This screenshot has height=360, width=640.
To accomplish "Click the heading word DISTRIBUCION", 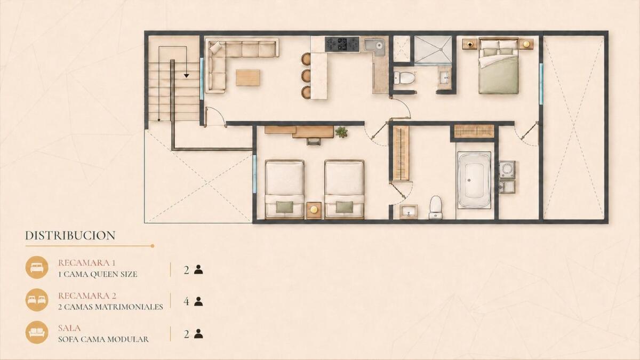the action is point(70,235).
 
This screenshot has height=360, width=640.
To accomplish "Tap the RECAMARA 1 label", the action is point(86,262).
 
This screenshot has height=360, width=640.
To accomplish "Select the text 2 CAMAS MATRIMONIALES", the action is point(110,307).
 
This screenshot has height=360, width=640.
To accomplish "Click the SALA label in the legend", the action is point(69,327).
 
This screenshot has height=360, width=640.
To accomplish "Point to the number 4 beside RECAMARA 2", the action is point(186,301).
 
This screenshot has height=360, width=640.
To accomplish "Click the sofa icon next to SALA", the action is point(37,332).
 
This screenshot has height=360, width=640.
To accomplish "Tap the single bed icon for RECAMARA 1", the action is point(37,267).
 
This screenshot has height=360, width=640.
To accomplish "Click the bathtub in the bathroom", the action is point(474,180).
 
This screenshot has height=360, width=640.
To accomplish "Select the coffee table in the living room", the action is point(247,77).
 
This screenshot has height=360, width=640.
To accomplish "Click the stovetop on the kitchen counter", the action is point(342,44).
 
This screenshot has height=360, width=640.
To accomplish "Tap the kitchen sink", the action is point(374,45).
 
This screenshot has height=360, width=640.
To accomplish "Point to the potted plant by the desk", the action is point(341,132).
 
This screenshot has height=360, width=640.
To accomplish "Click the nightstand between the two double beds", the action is point(314,210).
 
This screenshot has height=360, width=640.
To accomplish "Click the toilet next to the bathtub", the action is point(436,207).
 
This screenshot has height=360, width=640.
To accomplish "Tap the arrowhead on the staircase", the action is point(186,75).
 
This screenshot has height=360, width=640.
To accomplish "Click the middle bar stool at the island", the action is point(306,75).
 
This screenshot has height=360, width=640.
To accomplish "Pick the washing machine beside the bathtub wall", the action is point(507,170).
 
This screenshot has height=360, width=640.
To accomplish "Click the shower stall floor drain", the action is point(442,50).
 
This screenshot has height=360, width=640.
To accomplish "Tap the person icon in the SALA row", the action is point(198,334).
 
